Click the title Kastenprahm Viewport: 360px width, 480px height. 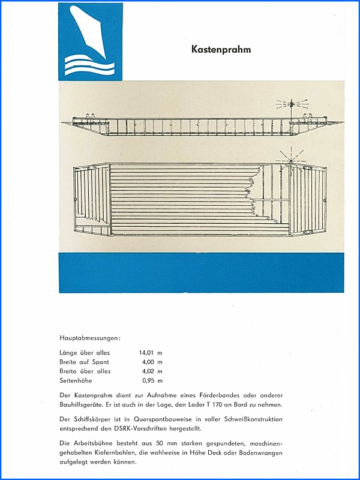pos(221,50)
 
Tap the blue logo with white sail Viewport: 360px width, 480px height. pos(89,41)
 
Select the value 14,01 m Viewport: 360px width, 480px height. pos(152,352)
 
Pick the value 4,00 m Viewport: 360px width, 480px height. pos(152,362)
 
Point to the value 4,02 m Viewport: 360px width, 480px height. pos(152,371)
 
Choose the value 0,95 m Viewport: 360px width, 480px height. pos(152,381)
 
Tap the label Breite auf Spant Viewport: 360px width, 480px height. pos(85,362)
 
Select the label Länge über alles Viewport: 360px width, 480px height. pos(85,352)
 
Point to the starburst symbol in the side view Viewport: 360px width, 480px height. pos(291,105)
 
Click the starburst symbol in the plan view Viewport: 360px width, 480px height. pos(289,159)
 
